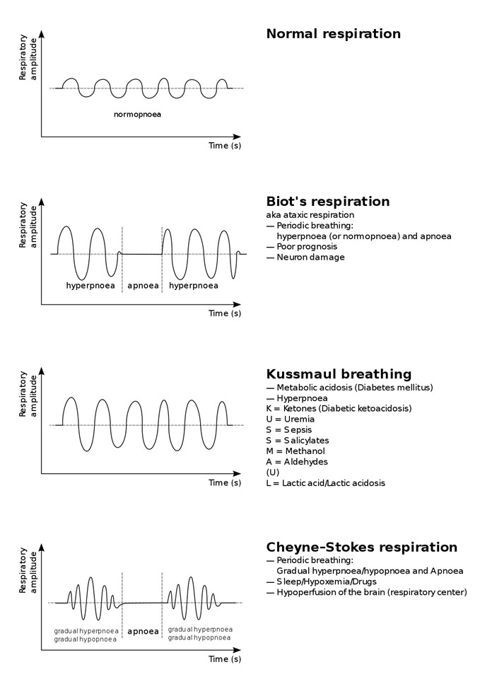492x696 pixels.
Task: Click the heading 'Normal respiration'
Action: pyautogui.click(x=333, y=34)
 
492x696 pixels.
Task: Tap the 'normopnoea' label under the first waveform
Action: pyautogui.click(x=138, y=115)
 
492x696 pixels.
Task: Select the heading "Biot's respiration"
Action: pyautogui.click(x=328, y=202)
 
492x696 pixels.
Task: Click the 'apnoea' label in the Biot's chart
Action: pyautogui.click(x=143, y=286)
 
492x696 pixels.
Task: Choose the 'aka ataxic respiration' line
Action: pyautogui.click(x=310, y=215)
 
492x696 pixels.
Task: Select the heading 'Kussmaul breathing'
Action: pyautogui.click(x=339, y=374)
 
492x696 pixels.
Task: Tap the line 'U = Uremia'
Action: pyautogui.click(x=290, y=419)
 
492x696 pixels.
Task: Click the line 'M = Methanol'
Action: pyautogui.click(x=295, y=451)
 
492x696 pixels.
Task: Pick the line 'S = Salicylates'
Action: pyautogui.click(x=298, y=441)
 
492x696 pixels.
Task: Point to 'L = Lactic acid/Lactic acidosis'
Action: pyautogui.click(x=326, y=483)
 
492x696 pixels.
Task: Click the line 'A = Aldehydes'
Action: pyautogui.click(x=297, y=462)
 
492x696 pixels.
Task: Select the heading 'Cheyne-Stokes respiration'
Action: pyautogui.click(x=361, y=547)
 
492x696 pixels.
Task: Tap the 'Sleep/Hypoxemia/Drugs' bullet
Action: pyautogui.click(x=321, y=581)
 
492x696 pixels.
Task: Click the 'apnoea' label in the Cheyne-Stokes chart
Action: pyautogui.click(x=143, y=631)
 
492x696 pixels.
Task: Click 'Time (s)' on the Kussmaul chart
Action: pyautogui.click(x=225, y=482)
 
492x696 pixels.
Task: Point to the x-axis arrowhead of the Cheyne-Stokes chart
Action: pyautogui.click(x=237, y=650)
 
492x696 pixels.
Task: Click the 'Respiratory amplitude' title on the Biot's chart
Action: pyautogui.click(x=28, y=225)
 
